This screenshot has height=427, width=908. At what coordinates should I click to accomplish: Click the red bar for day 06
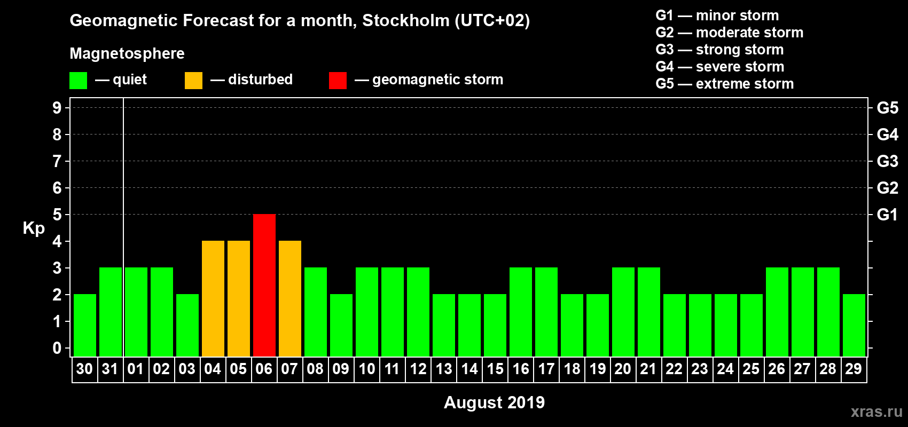[x=264, y=285]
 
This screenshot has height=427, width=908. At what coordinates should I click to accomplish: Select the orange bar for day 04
[x=213, y=298]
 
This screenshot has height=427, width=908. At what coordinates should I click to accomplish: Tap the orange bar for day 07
[x=290, y=298]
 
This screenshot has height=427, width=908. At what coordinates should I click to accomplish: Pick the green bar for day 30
[x=85, y=325]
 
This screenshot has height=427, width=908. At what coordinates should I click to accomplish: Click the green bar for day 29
[x=854, y=325]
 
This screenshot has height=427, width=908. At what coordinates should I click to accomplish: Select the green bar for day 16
[x=521, y=312]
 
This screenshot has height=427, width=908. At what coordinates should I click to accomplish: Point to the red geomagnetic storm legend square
[x=338, y=81]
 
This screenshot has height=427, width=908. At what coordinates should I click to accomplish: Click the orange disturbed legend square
[x=193, y=81]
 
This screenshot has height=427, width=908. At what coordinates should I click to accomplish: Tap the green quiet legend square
[x=78, y=81]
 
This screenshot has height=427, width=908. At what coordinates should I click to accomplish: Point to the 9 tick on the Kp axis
[x=57, y=108]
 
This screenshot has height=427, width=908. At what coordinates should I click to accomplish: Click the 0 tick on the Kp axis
[x=57, y=348]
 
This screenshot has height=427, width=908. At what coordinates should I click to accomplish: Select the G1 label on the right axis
[x=887, y=215]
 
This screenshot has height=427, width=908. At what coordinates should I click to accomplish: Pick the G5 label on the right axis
[x=887, y=108]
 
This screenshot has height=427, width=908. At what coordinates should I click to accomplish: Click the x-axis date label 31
[x=110, y=369]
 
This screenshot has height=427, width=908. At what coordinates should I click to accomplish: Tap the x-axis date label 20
[x=623, y=369]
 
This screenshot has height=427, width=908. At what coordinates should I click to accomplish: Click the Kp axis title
[x=34, y=228]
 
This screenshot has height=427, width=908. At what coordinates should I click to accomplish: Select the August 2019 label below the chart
[x=494, y=402]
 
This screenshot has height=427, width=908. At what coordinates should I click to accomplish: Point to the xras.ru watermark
[x=876, y=411]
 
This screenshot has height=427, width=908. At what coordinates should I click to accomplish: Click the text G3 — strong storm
[x=719, y=50]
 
